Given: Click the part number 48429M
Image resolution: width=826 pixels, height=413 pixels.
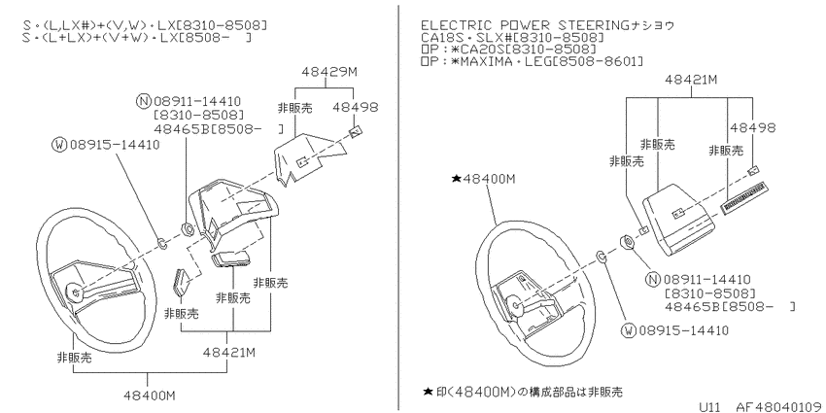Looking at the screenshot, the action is coord(329,72).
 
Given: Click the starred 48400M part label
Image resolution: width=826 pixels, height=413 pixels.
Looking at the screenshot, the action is coord(484,179).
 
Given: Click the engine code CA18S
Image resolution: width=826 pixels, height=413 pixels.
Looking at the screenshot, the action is coord(442,37).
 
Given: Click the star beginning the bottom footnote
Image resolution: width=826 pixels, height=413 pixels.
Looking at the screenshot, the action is coord(428,392).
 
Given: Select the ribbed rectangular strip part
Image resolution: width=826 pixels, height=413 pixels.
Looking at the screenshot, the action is coord(744,197).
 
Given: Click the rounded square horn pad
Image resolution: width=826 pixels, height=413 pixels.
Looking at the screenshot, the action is coord(678,219).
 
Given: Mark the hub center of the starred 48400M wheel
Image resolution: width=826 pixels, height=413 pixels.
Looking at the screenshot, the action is coord(510,303).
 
